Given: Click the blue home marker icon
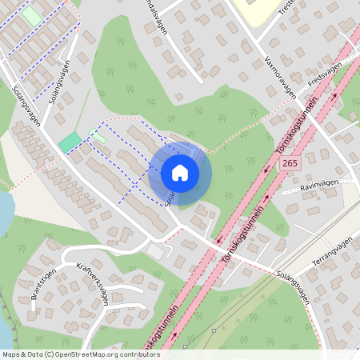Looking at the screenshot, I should click(x=180, y=173).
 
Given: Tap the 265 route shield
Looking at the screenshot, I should click(x=290, y=163).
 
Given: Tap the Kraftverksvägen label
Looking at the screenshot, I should click(x=92, y=282).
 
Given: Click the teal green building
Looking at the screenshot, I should click(x=70, y=142).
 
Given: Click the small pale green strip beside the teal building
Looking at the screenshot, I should click(x=98, y=136).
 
